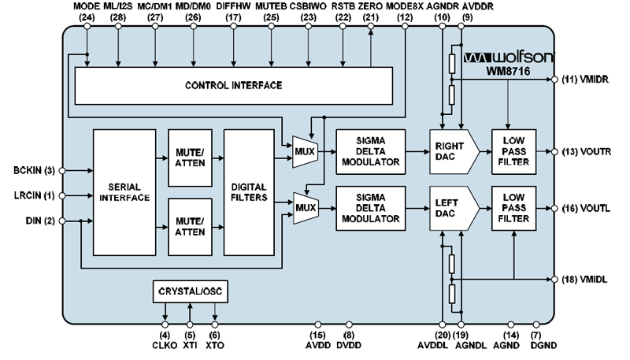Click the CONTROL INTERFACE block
(x=233, y=85)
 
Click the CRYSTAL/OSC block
(x=189, y=292)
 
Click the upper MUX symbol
(x=303, y=151)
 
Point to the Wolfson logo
(x=508, y=58)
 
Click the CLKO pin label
(x=165, y=344)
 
